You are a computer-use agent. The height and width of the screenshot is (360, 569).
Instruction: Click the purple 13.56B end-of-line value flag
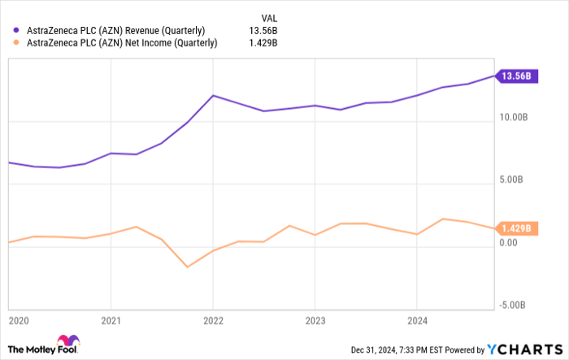pos(516,76)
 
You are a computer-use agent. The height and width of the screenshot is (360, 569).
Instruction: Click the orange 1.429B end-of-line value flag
pos(516,228)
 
